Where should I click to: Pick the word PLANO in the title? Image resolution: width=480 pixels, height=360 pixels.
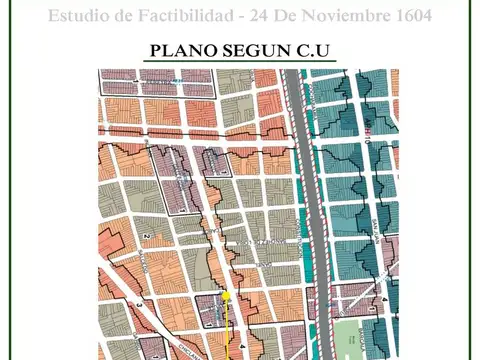pyautogui.click(x=181, y=50)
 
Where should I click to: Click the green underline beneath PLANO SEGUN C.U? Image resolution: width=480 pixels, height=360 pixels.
pyautogui.click(x=239, y=62)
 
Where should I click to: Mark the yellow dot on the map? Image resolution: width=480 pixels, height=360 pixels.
pyautogui.click(x=226, y=296)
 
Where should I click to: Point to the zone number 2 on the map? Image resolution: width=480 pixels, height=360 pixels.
pyautogui.click(x=145, y=237)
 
